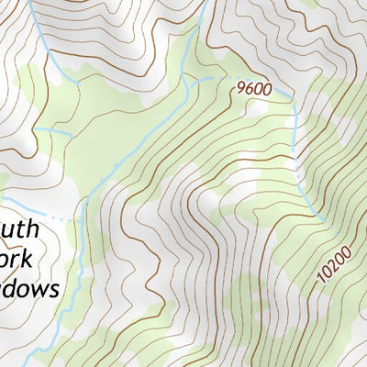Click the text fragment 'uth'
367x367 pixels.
(x=21, y=229)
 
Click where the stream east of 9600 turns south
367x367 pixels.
(x=295, y=98)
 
